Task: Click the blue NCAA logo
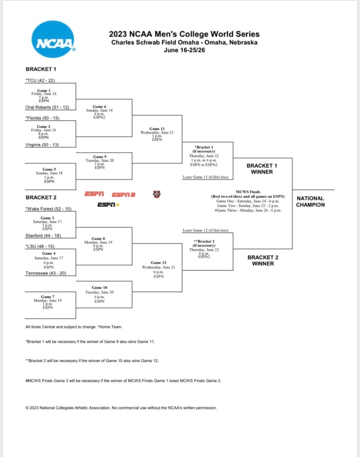pos(53,39)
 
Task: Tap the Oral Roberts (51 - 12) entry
pos(47,107)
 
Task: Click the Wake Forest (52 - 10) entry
pos(48,209)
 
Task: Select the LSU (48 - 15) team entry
pos(41,246)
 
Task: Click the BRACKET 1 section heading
pos(41,69)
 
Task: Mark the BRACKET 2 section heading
pos(41,197)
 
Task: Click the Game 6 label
pos(99,106)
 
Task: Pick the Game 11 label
pos(157,129)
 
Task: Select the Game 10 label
pos(99,287)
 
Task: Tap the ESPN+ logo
pos(109,205)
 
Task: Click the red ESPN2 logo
pos(123,194)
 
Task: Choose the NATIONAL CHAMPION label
pos(310,202)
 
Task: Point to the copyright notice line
pos(121,408)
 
